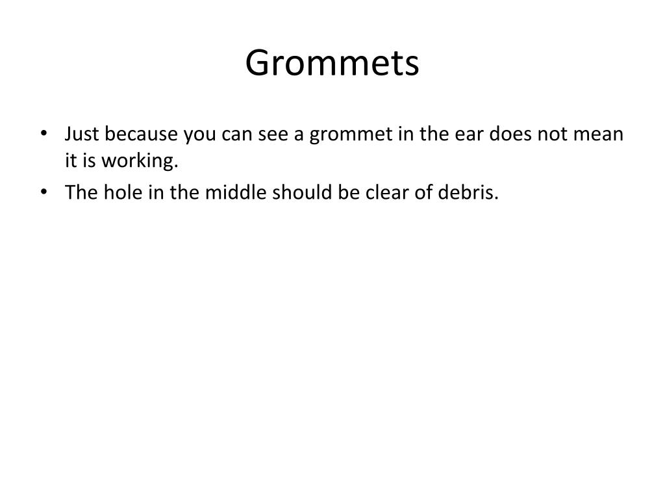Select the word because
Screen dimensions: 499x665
click(141, 134)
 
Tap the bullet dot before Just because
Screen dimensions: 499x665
click(44, 134)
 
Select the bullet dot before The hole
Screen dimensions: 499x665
click(44, 193)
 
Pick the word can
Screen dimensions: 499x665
click(238, 135)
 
